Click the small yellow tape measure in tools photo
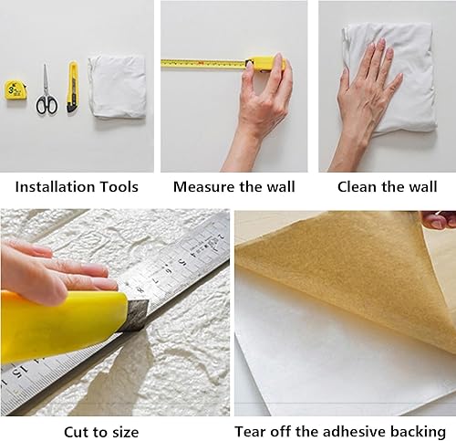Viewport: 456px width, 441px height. coord(16,91)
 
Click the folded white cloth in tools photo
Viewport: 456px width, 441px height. coord(117,86)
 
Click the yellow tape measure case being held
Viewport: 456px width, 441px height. coord(264,63)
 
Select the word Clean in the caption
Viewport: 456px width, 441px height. coord(358,187)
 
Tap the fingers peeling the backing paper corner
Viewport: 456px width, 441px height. coord(440,219)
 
